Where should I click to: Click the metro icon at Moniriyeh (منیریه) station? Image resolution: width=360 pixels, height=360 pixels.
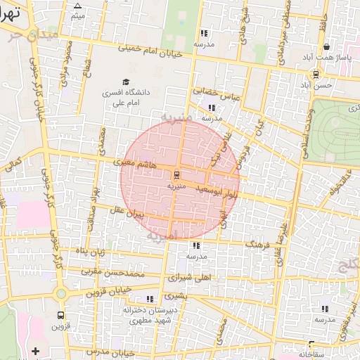tap(176, 174)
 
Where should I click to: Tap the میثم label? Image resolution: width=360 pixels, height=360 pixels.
tap(77, 15)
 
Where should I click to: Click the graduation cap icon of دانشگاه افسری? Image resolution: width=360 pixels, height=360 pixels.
tap(126, 82)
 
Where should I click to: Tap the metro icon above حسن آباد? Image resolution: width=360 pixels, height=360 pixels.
tap(316, 74)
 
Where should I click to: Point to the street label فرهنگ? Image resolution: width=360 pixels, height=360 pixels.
tap(259, 243)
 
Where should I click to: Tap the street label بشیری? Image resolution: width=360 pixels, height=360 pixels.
tap(177, 296)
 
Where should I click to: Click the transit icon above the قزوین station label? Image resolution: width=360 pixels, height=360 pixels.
tap(60, 316)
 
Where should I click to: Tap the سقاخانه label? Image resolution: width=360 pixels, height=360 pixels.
tap(311, 354)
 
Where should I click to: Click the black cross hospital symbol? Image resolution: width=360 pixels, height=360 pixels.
tap(35, 350)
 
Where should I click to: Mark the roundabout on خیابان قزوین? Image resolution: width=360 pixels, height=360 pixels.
tap(61, 293)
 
